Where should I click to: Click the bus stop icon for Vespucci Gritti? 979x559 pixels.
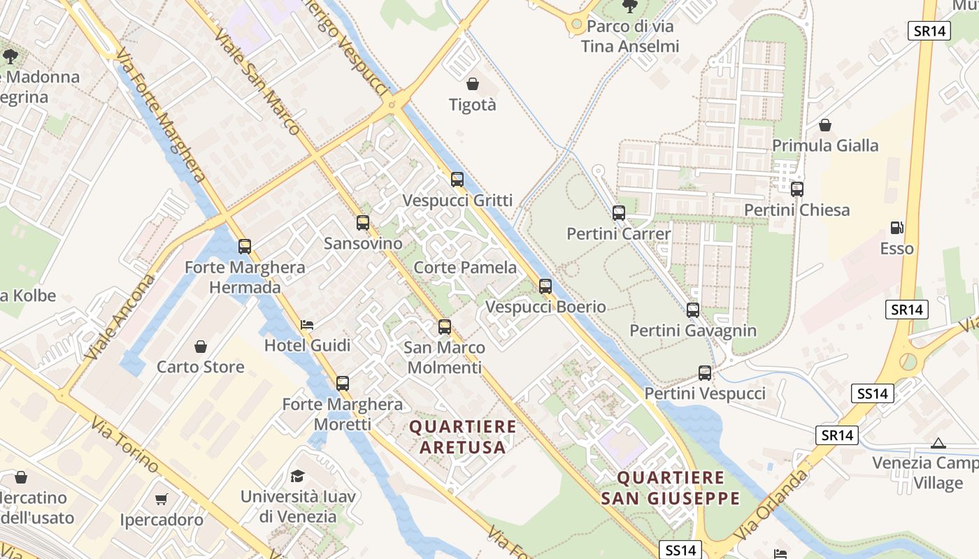[457, 180]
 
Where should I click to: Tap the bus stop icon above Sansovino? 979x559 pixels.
[363, 223]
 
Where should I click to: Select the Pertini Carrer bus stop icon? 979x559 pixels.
[619, 213]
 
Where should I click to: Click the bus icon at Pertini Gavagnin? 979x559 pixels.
[693, 310]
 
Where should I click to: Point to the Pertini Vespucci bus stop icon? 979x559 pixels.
[705, 373]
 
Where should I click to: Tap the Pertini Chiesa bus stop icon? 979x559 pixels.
[796, 189]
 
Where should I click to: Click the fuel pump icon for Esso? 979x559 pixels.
[896, 228]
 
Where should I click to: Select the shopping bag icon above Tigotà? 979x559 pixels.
[473, 85]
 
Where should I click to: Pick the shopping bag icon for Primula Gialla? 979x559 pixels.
[825, 125]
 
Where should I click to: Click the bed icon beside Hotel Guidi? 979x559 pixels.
[307, 325]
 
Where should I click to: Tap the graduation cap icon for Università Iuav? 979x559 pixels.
[298, 477]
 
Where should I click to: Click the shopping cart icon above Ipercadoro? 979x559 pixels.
[162, 500]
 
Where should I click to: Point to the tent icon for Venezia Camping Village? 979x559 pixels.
[938, 443]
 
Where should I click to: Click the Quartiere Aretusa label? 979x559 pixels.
[462, 437]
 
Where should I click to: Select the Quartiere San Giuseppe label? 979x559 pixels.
[670, 488]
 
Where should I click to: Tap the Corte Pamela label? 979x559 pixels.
[465, 268]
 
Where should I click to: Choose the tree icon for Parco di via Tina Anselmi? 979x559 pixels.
[630, 7]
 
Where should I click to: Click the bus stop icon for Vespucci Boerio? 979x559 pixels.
[545, 286]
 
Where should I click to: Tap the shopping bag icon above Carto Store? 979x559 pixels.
[201, 347]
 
